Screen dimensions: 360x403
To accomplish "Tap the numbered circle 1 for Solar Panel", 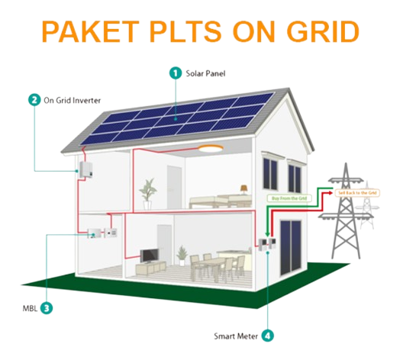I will click(176, 74).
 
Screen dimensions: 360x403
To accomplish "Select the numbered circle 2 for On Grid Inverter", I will click(34, 99).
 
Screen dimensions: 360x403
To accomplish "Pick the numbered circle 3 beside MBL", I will click(47, 308).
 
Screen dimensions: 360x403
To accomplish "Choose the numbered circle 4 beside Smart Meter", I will click(268, 335).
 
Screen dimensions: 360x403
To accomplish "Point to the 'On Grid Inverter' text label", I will click(69, 99).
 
